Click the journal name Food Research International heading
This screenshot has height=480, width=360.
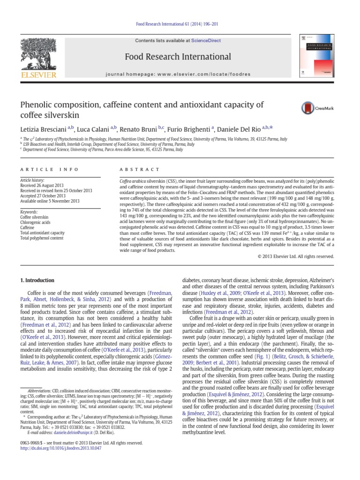pos(178,57)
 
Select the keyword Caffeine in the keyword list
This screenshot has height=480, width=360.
pos(28,227)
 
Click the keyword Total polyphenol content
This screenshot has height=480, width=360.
pos(41,238)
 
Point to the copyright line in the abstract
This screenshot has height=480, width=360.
pos(296,256)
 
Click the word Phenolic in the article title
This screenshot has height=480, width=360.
pos(38,105)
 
